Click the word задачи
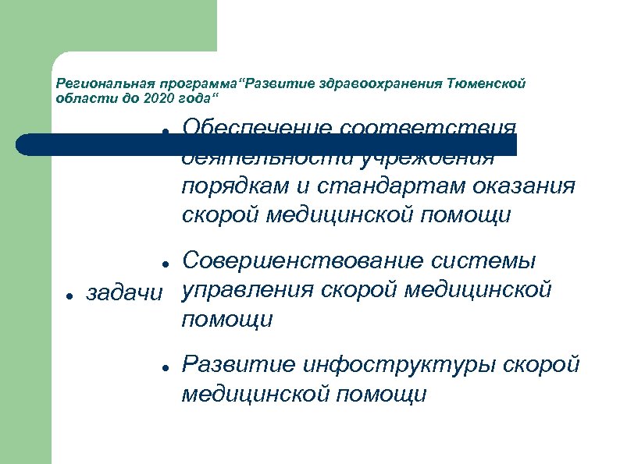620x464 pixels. click(125, 293)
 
